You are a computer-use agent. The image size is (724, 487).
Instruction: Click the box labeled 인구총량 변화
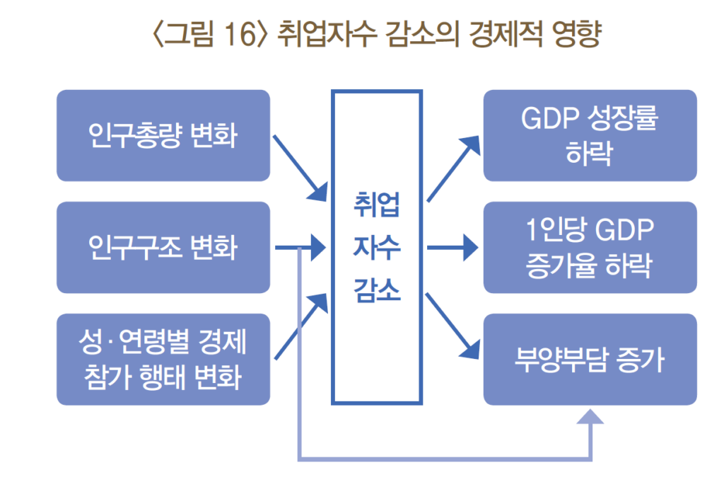[x=163, y=135]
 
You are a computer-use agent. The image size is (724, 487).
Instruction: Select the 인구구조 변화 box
[x=163, y=247]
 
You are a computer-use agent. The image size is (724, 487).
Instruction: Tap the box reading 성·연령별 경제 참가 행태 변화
[x=163, y=360]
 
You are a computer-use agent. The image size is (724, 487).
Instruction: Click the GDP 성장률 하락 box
[x=590, y=135]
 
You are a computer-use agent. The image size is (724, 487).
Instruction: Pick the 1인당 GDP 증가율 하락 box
[x=590, y=247]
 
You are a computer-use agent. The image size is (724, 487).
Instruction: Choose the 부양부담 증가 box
[x=590, y=360]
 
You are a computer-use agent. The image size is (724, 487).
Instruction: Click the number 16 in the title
[x=240, y=33]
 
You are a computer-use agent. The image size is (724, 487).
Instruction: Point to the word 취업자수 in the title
[x=326, y=34]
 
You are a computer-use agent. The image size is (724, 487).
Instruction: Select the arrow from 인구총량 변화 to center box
[x=300, y=168]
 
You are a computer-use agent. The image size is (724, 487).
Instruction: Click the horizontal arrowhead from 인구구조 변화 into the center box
[x=318, y=248]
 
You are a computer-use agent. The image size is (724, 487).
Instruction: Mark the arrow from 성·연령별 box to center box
[x=301, y=326]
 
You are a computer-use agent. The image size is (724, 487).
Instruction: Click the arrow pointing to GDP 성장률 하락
[x=453, y=168]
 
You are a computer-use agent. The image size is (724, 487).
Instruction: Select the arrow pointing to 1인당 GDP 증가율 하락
[x=452, y=248]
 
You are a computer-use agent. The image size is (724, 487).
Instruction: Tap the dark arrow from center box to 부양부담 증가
[x=452, y=326]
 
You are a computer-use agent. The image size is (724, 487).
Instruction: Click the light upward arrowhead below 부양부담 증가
[x=590, y=416]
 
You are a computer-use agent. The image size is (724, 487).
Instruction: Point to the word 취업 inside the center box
[x=377, y=205]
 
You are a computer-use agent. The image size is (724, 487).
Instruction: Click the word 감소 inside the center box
[x=377, y=290]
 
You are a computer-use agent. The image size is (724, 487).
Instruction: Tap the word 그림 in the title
[x=189, y=34]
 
